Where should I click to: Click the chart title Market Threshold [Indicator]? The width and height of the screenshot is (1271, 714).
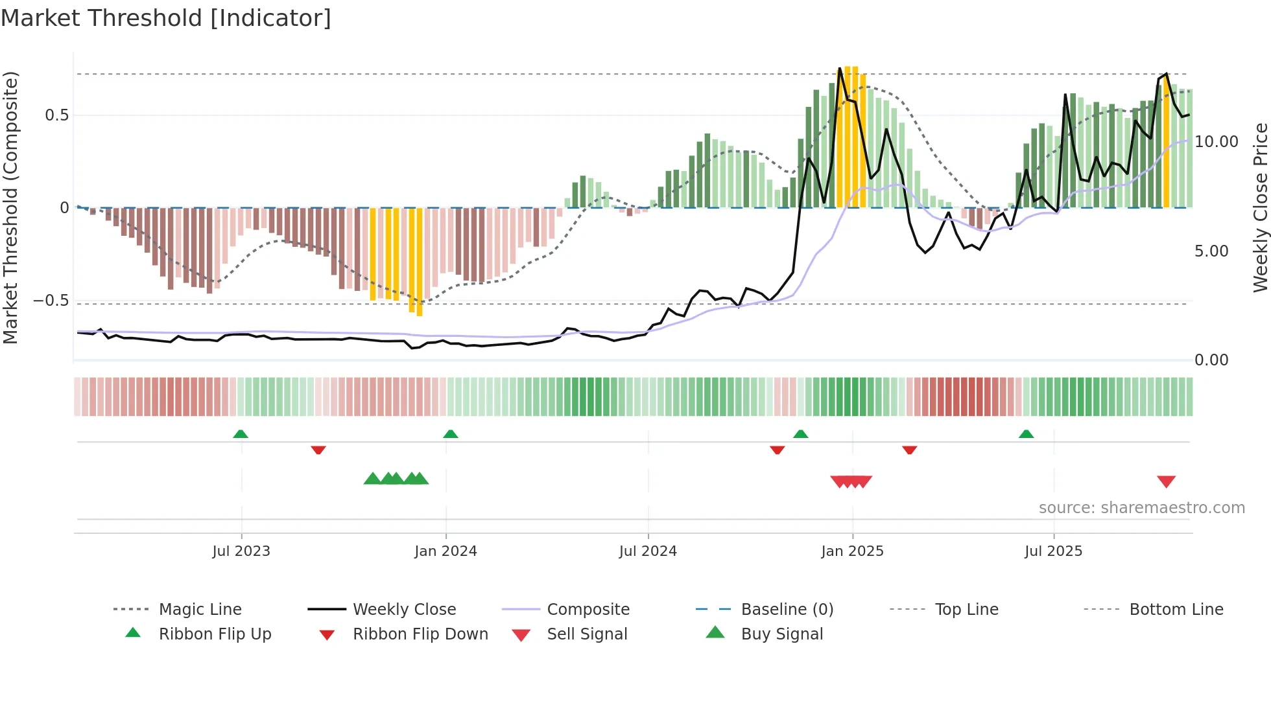(x=166, y=18)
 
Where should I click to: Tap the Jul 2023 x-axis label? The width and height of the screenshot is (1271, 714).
(x=241, y=551)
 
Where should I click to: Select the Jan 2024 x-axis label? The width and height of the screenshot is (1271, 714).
(x=445, y=551)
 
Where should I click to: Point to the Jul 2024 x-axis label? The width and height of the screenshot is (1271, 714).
(x=648, y=551)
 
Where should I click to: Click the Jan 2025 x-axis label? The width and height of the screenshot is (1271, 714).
(x=852, y=551)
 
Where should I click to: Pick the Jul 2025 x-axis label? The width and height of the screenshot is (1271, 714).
(x=1053, y=551)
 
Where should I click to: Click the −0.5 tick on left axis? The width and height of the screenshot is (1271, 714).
(x=51, y=301)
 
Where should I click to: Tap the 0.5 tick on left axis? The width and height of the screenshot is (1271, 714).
(x=56, y=115)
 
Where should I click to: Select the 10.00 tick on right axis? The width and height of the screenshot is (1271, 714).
(x=1217, y=142)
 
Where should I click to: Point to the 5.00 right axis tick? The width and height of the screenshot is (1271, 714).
(x=1211, y=251)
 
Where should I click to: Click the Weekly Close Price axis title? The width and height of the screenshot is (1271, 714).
(x=1260, y=207)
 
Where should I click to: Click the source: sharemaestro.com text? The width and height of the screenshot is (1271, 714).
(x=1141, y=508)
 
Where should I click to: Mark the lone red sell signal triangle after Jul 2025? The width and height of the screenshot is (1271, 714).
(x=1166, y=481)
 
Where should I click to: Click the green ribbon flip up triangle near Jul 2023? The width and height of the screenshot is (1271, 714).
(x=241, y=433)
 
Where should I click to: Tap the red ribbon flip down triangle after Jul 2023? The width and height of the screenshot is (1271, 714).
(x=318, y=450)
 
